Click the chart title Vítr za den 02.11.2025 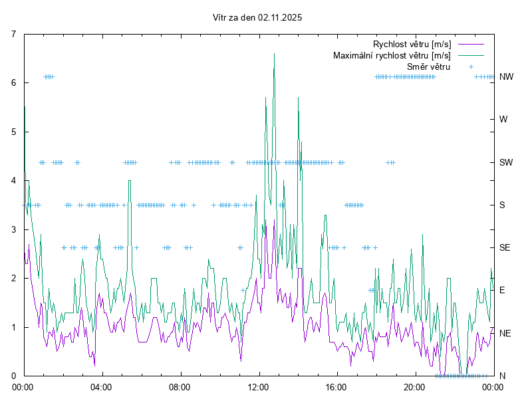click(257, 18)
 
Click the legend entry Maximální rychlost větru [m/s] click(392, 55)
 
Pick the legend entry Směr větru click(428, 66)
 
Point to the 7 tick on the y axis click(14, 34)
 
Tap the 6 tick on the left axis click(14, 83)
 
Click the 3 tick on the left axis click(14, 229)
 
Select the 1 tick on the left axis click(14, 327)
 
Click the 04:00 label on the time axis click(102, 386)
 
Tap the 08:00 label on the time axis click(180, 386)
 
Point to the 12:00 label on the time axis click(258, 386)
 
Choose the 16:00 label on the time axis click(336, 386)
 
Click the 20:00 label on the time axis click(414, 386)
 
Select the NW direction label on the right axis click(506, 77)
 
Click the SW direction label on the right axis click(506, 162)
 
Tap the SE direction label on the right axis click(505, 247)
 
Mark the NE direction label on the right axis click(505, 333)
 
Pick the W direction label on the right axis click(503, 120)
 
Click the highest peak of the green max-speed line click(274, 54)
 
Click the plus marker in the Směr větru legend click(470, 66)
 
